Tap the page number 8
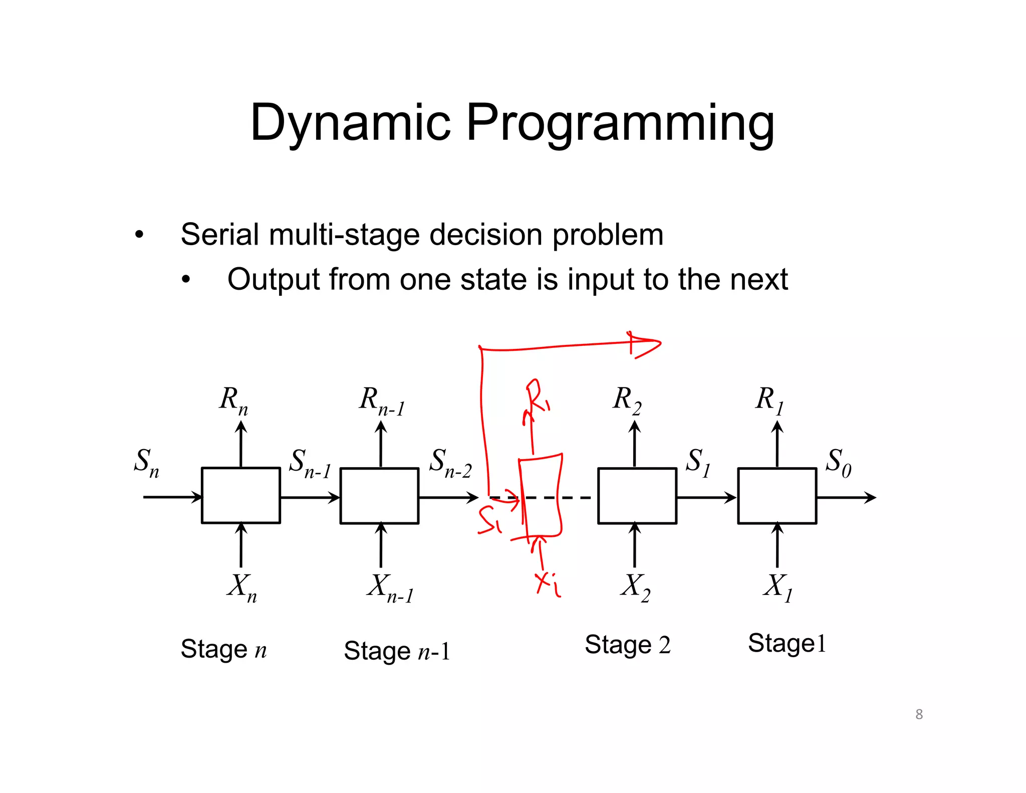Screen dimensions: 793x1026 [x=919, y=714]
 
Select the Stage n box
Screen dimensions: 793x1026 [x=240, y=495]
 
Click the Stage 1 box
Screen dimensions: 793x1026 [x=777, y=495]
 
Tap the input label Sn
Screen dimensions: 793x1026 [x=146, y=462]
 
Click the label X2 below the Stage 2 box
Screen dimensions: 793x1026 [x=635, y=587]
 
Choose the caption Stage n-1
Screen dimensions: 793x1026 [x=397, y=651]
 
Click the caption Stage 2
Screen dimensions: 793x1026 [x=627, y=645]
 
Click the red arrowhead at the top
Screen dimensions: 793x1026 [x=646, y=345]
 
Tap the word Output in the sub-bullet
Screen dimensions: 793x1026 [x=273, y=279]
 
